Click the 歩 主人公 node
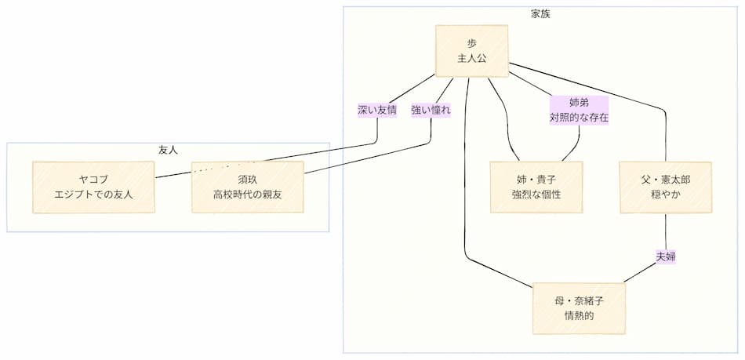[471, 51]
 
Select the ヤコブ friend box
[93, 187]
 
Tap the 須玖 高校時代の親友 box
[247, 187]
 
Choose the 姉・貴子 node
[536, 187]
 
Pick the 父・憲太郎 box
[666, 187]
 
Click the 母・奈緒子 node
[579, 307]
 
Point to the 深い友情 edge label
[377, 111]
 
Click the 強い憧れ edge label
[431, 111]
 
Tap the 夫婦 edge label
[666, 256]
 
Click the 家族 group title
[540, 14]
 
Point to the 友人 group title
[168, 150]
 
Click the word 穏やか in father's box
[666, 195]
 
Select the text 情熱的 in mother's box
[579, 315]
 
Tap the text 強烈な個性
[536, 195]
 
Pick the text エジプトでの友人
[93, 195]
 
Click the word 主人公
[471, 59]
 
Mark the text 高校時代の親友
[247, 195]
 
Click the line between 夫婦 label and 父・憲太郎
[666, 231]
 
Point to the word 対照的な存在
[579, 118]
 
